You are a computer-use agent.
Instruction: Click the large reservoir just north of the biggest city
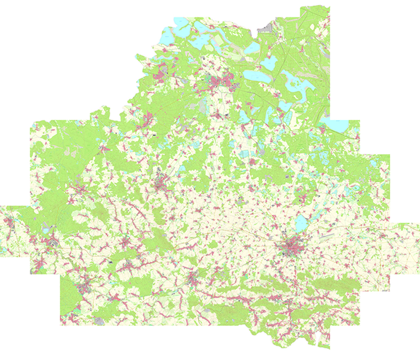(300, 223)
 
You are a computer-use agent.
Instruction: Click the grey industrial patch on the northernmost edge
(264, 30)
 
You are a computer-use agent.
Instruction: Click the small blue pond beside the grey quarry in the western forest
(46, 230)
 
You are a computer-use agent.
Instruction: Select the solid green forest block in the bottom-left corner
(69, 296)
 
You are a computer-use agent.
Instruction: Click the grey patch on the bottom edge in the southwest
(99, 321)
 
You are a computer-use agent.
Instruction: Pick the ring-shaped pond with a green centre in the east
(355, 187)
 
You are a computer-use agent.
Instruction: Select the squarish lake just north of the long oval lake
(268, 63)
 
